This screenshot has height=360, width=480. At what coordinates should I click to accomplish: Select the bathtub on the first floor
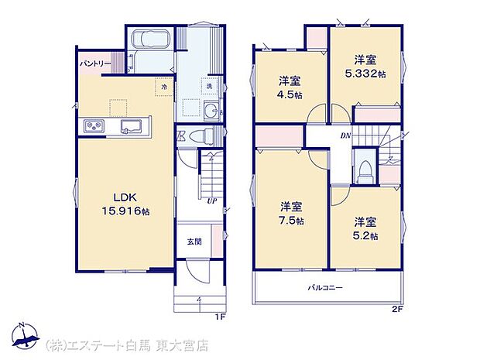(x=150, y=39)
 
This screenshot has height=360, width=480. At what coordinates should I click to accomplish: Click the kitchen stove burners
(x=93, y=127)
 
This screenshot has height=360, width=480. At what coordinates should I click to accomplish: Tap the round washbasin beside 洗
(x=208, y=111)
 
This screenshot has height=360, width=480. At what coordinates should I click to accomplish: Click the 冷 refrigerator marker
(x=163, y=88)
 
